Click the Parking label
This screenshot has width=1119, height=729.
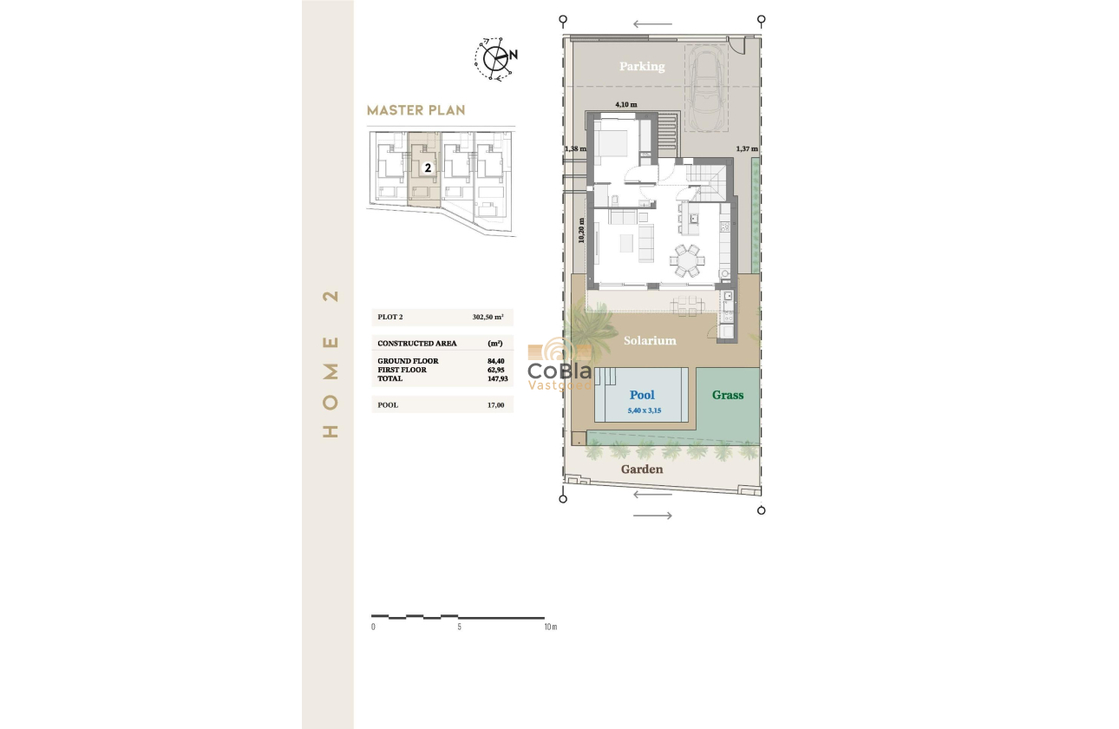tap(642, 67)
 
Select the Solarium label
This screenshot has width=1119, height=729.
tap(650, 341)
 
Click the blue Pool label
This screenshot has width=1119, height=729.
tap(642, 396)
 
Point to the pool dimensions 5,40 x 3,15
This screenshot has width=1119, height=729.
tap(644, 410)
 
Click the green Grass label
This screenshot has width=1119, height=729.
tap(728, 395)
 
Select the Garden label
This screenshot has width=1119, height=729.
tap(642, 470)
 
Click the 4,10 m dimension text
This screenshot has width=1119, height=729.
tap(625, 105)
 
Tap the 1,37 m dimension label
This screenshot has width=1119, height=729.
tap(746, 149)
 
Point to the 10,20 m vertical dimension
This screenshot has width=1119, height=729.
tap(581, 230)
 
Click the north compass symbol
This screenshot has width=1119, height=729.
tap(496, 58)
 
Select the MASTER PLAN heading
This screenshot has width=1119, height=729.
tap(416, 110)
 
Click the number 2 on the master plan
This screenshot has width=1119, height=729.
tap(428, 167)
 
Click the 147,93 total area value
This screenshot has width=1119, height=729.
tap(496, 378)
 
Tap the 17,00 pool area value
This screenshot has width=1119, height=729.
tap(496, 404)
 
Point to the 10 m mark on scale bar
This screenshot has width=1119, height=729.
tap(550, 626)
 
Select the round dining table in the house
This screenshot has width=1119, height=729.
tap(687, 259)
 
